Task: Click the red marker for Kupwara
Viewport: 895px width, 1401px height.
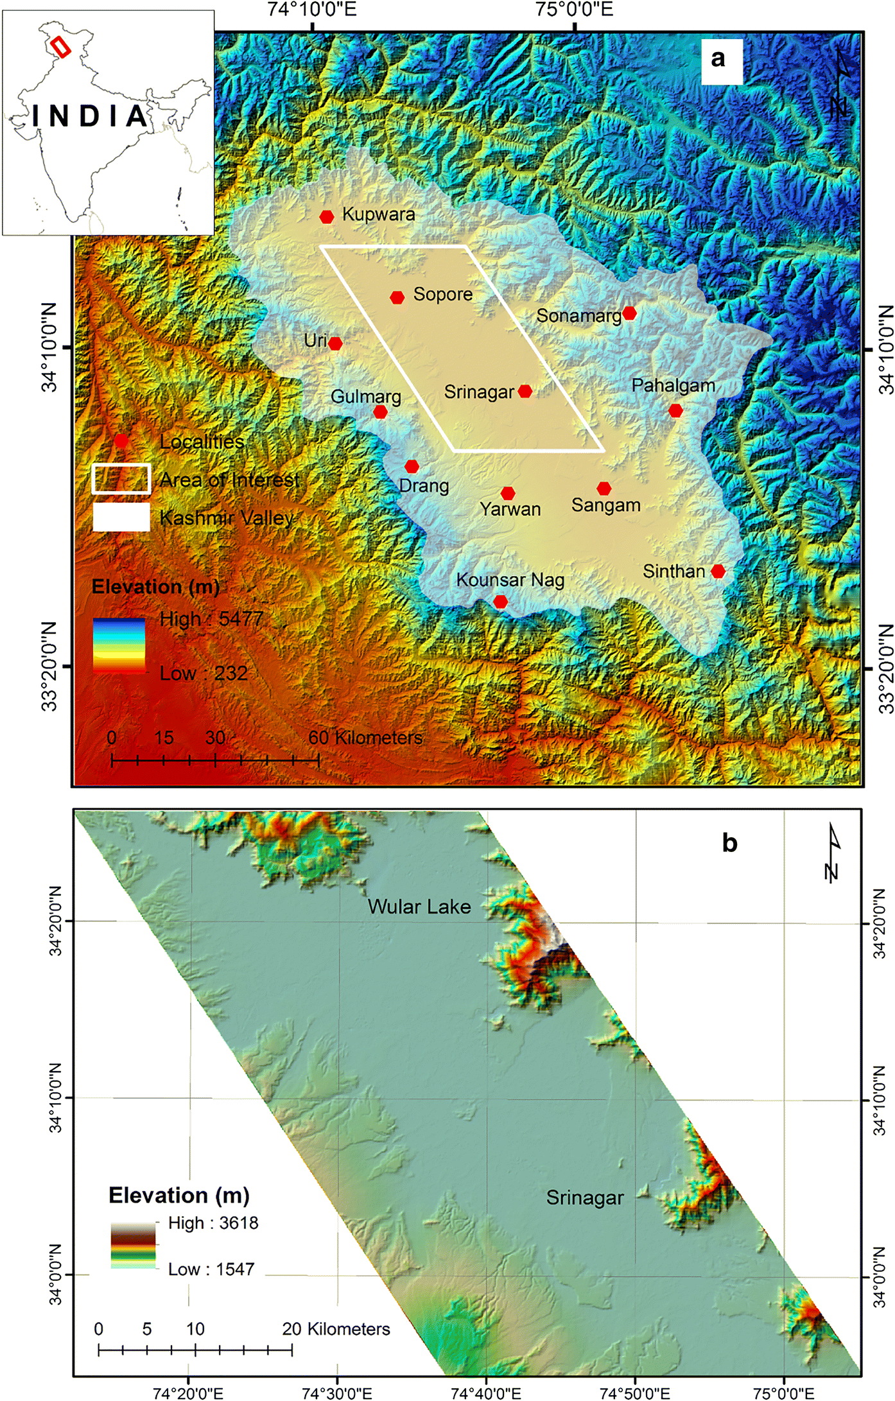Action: point(327,217)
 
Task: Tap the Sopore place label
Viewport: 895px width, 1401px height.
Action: point(442,294)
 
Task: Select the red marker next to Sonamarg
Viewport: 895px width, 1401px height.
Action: point(629,313)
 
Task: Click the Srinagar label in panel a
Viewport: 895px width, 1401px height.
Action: point(479,392)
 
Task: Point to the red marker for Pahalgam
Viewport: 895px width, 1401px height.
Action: point(675,410)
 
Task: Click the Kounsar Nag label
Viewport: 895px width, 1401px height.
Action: point(510,580)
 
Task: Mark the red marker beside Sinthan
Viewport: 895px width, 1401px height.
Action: point(718,571)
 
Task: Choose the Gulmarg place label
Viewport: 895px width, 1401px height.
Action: point(365,397)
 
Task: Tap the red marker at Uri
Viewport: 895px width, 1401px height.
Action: point(335,344)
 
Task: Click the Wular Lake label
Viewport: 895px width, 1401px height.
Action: point(419,907)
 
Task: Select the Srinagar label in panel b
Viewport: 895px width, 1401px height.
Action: point(585,1197)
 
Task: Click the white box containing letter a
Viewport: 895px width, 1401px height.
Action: point(721,61)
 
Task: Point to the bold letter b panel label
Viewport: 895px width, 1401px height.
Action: point(729,842)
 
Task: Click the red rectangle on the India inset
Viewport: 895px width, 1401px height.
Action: point(60,46)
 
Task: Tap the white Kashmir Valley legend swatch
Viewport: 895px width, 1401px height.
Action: point(121,517)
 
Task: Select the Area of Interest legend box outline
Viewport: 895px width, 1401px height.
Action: point(121,478)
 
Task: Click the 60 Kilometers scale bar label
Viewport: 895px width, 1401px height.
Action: point(365,738)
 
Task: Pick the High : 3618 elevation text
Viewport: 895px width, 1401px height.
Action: point(213,1223)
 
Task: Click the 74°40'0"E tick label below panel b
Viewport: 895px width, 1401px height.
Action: point(486,1393)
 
